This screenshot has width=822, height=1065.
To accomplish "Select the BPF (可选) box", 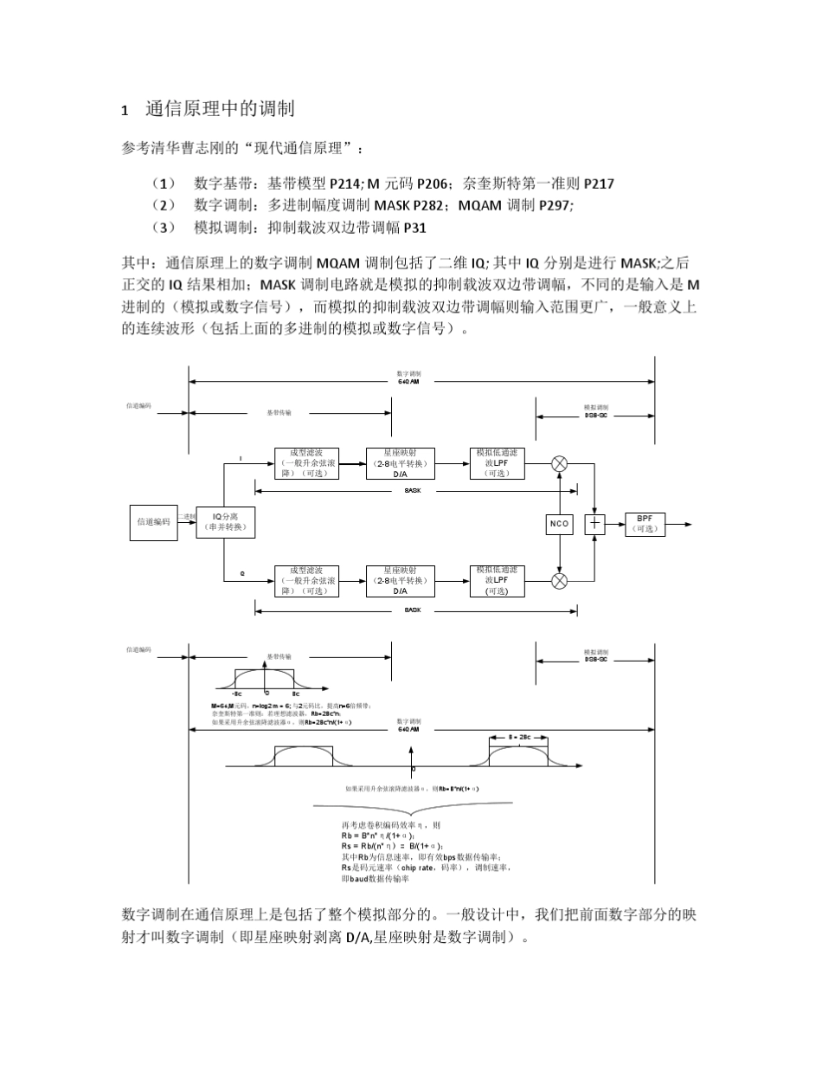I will coord(645,524).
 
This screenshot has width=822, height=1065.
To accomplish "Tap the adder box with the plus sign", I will coord(595,524).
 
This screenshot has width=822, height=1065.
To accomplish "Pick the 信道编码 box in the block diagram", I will coord(153,522).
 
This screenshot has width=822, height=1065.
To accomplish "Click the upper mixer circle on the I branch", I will coord(560,463).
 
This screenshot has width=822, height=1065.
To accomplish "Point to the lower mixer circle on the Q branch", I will coord(560,581).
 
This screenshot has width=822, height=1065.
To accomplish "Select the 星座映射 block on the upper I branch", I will coord(400,463).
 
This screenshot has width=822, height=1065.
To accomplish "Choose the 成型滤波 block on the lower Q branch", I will coord(307,581).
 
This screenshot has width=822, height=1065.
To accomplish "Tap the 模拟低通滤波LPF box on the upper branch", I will coord(497,463).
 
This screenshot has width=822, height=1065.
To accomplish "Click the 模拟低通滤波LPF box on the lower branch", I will coord(497,581).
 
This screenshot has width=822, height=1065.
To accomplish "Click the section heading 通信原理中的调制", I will coord(220,109).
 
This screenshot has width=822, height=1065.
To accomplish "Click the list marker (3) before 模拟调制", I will coord(164,228).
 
